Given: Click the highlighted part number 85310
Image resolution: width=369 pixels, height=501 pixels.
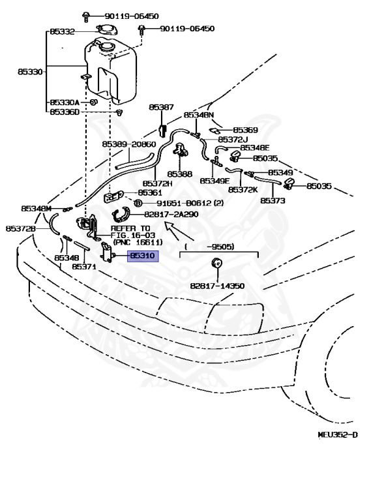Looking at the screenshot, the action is [x=143, y=256].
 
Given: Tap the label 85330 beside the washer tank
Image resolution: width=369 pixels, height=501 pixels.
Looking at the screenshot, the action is [x=30, y=72].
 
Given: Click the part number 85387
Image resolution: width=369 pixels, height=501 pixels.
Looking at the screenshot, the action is [x=161, y=107].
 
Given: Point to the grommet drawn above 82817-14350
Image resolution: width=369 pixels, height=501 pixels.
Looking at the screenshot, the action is [x=217, y=263].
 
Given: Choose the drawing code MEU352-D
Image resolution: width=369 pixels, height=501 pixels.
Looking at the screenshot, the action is [x=338, y=434].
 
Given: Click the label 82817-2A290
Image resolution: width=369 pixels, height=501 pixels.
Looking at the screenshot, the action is [x=171, y=215].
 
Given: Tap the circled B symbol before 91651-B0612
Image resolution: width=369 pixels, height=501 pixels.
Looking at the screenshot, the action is [x=138, y=203].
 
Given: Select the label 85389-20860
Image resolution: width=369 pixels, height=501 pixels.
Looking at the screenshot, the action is [x=129, y=144].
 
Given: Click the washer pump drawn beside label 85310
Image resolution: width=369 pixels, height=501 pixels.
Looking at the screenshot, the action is [x=107, y=252].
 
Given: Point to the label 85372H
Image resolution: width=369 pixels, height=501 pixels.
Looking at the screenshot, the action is [x=157, y=183].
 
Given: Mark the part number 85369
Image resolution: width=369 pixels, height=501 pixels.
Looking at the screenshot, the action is [x=246, y=130].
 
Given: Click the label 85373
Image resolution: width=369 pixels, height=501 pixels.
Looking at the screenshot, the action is [x=273, y=201].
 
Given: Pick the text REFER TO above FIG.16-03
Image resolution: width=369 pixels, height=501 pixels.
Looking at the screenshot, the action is [x=130, y=228].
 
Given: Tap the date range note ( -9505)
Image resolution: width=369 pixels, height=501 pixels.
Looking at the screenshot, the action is [x=209, y=247].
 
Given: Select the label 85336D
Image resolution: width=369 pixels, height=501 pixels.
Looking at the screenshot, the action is [x=65, y=112].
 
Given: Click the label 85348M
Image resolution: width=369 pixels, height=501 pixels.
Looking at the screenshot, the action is [x=36, y=209].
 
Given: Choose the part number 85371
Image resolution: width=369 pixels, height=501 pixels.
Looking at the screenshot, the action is [x=84, y=266].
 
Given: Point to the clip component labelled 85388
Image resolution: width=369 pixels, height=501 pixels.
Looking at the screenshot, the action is [x=181, y=149].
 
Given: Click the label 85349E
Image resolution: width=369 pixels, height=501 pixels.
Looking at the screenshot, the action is [x=214, y=181].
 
